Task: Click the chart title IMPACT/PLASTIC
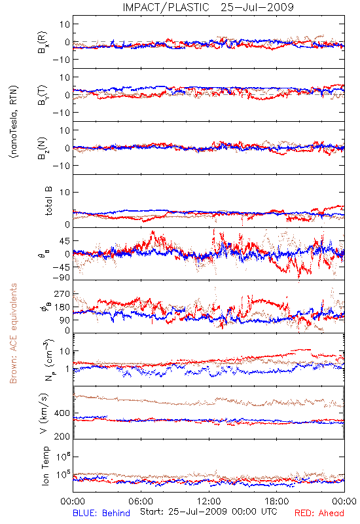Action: coord(166,7)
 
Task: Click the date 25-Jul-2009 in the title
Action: coord(257,7)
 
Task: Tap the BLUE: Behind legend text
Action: coord(101,513)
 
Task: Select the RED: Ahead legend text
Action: coord(319,513)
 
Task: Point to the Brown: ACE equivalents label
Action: coord(13,333)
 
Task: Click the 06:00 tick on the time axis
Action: coord(141,501)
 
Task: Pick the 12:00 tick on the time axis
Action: coord(209,501)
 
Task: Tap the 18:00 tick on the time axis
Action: coord(277,501)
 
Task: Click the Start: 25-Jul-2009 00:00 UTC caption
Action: coord(208,512)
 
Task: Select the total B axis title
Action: coord(48,201)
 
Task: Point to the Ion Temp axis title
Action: coord(45,466)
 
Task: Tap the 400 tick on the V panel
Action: coord(62,413)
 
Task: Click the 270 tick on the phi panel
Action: coord(62,293)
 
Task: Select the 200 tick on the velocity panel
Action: coord(62,436)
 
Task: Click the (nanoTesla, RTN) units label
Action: coord(14,122)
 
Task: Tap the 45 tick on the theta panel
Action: coord(65,241)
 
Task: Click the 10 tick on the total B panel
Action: coord(65,192)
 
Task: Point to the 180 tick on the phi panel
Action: coord(62,307)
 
